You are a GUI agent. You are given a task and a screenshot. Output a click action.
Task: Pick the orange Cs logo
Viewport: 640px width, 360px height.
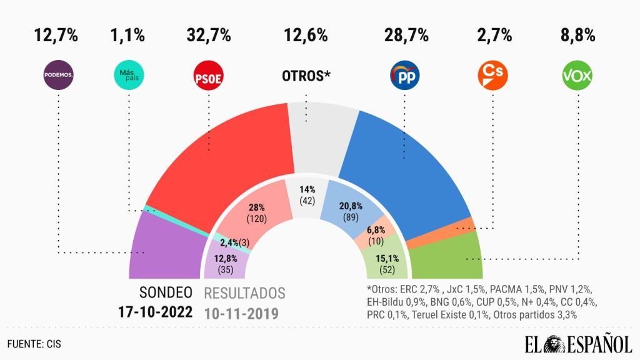(x=492, y=76)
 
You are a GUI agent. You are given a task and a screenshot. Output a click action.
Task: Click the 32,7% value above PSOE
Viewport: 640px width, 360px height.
(x=209, y=36)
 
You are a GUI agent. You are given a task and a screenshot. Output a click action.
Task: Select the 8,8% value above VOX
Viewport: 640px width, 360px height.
(x=577, y=36)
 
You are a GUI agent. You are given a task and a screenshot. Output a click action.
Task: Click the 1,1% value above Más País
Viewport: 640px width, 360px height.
(x=128, y=36)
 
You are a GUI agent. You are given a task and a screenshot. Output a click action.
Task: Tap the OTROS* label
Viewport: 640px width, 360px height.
(x=306, y=76)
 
